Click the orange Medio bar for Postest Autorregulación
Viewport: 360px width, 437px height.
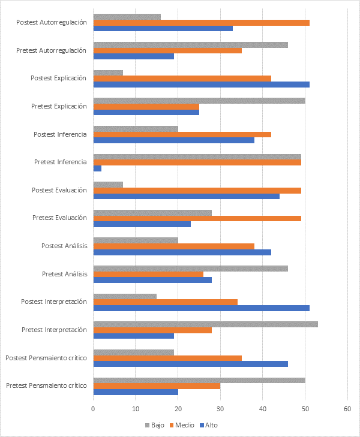coord(201,22)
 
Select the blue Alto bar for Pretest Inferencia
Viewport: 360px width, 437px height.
coord(97,168)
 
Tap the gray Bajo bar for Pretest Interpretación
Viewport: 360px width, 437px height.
coord(205,324)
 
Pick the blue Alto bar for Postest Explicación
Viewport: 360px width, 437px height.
coord(201,85)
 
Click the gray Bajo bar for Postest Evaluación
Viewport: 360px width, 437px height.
coord(108,184)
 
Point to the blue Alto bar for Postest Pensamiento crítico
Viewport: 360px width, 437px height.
coord(190,364)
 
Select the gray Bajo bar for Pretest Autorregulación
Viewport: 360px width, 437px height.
coord(190,44)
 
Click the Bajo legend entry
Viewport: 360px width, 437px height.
coord(154,424)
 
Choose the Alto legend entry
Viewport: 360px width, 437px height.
coord(211,424)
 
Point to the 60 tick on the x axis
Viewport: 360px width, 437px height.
coord(347,408)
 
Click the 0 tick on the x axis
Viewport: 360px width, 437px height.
coord(94,408)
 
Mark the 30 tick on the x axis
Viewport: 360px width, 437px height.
coord(220,408)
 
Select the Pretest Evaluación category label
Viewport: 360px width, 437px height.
coord(59,218)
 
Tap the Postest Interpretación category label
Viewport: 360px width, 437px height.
coord(54,302)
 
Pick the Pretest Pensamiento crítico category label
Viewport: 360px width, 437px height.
coord(46,385)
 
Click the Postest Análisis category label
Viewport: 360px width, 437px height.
coord(64,246)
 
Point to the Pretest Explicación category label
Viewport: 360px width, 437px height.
coord(59,106)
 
